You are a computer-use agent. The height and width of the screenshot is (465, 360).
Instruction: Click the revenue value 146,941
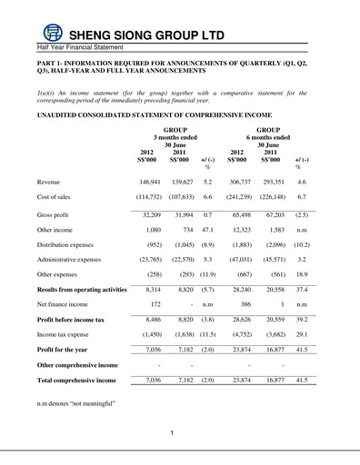(146, 182)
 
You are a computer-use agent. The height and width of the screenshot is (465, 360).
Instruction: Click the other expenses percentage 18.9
(298, 299)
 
